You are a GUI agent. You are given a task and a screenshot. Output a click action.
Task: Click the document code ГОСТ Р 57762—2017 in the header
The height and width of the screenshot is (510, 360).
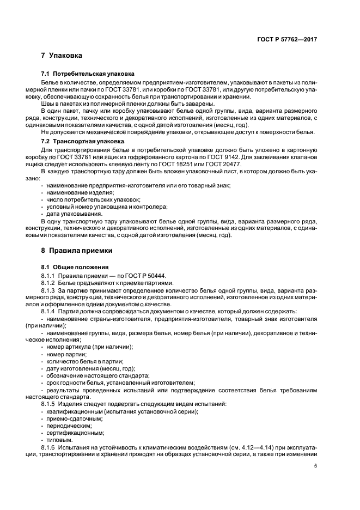pyautogui.click(x=288, y=40)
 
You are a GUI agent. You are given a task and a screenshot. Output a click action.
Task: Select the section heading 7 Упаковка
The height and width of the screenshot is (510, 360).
pyautogui.click(x=62, y=56)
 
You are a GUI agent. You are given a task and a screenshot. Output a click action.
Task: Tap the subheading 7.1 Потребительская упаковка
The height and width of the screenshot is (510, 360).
pyautogui.click(x=88, y=74)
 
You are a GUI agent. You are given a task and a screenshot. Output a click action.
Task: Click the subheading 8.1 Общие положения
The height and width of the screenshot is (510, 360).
pyautogui.click(x=75, y=269)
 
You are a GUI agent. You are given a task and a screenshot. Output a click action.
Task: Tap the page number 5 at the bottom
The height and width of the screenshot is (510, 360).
pyautogui.click(x=316, y=466)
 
